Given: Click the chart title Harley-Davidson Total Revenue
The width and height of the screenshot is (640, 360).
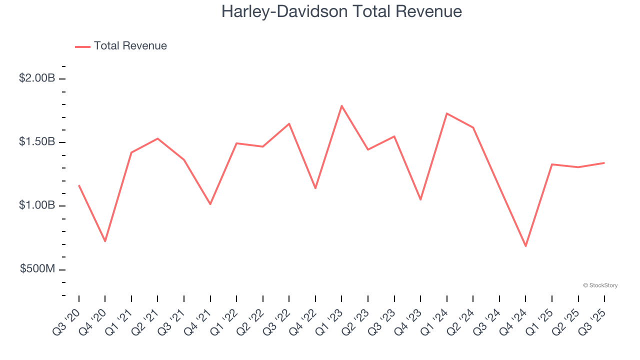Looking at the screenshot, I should coord(341,11).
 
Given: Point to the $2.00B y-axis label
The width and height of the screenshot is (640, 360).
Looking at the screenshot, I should coord(37,78).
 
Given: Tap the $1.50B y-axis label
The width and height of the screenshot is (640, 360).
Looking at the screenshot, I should coord(37,142).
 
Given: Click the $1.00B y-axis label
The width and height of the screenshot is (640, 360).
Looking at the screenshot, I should coord(37,205).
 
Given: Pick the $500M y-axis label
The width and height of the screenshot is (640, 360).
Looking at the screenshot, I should coord(37,269).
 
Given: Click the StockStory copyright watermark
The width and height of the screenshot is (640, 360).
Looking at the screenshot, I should coord(600,285).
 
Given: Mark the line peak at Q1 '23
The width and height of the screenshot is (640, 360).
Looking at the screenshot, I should coord(341,105).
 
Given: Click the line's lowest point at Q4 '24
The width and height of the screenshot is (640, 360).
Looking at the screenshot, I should coord(525,246).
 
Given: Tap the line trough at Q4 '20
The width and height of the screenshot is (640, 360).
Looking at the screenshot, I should coord(105,241).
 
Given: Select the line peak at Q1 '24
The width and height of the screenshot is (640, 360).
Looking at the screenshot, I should coord(446,113).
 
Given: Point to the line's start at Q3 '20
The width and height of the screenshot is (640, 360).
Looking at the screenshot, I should coord(79,185).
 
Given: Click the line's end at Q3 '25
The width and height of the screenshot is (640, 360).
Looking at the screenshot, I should coord(604,162).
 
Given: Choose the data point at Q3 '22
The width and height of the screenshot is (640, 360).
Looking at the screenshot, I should coord(289,123).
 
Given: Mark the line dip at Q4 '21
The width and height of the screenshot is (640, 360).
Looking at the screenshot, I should coord(210,204).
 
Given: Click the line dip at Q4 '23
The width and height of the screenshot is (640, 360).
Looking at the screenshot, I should coord(420,199).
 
